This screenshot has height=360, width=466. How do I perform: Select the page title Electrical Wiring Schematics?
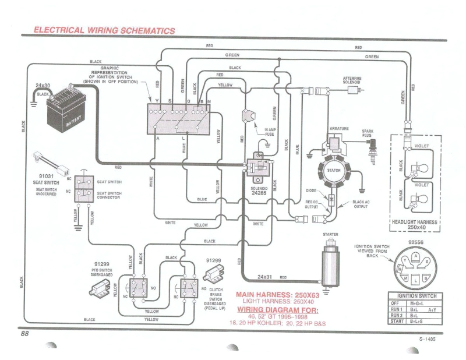pos(104,30)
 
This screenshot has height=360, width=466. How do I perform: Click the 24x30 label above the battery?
pos(43,85)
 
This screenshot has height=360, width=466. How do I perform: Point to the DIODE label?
pos(312,191)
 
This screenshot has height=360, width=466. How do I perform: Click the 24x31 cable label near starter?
pos(265,276)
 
